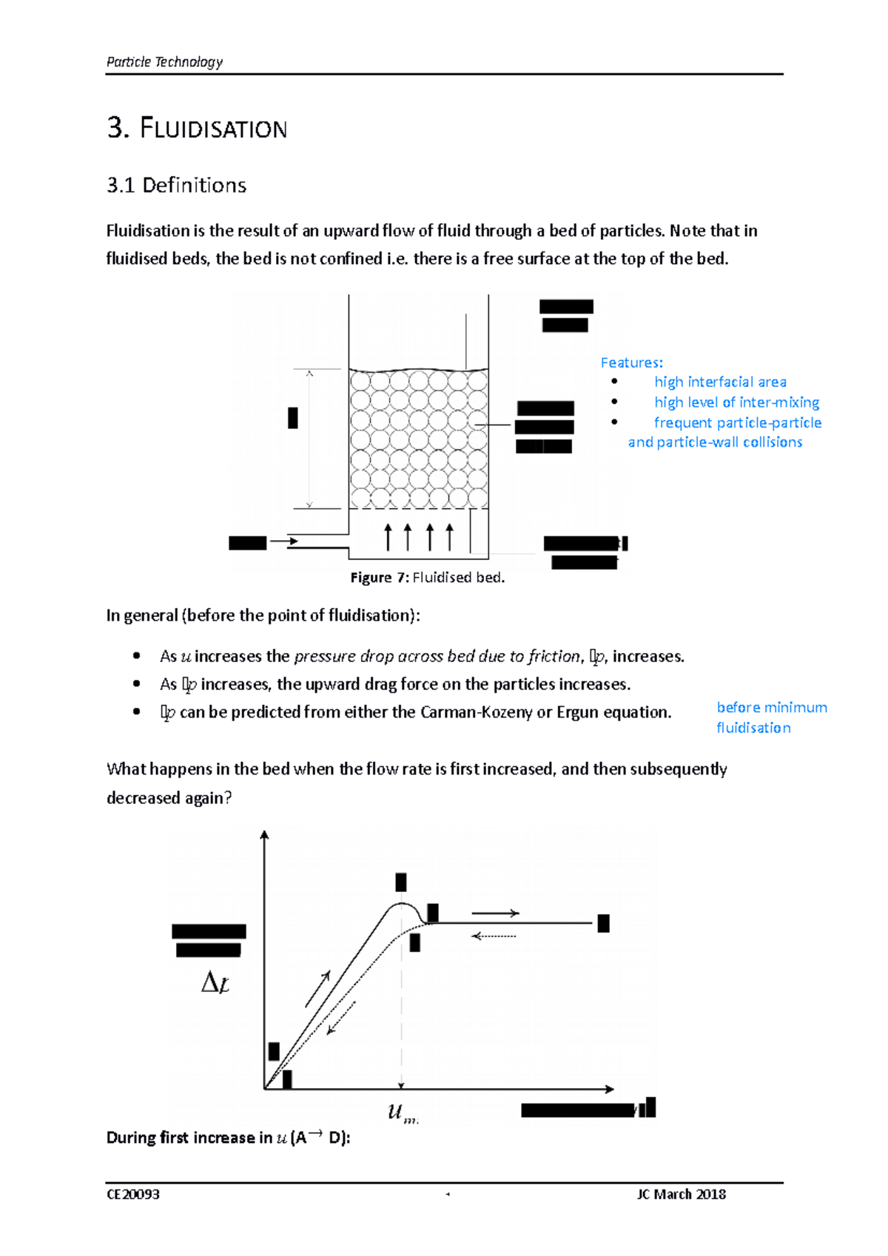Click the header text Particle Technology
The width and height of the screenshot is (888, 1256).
164,62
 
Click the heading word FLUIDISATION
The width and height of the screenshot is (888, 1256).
213,129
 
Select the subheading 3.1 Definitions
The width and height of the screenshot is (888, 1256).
176,185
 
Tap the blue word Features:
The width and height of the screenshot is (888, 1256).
631,362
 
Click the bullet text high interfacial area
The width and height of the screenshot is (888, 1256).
719,382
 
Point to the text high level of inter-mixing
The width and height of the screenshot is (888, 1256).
736,402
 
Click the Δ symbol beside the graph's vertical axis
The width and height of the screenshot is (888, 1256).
209,983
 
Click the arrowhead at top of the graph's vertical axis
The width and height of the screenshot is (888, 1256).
264,835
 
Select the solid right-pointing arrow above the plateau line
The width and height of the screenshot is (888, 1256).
495,914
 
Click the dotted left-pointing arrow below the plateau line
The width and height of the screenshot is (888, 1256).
494,936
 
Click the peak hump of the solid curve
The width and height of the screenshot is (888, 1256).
401,904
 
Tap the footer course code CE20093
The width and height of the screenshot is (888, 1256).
133,1195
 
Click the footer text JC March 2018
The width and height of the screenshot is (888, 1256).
681,1195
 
